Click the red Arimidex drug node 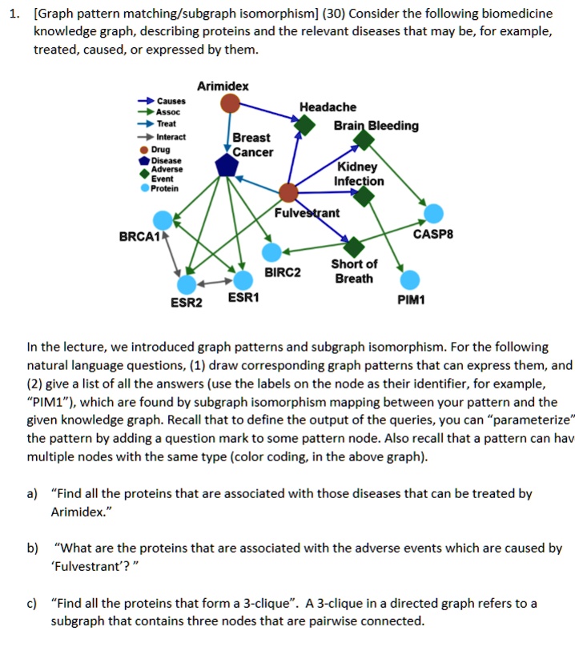pyautogui.click(x=231, y=102)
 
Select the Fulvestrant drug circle pyautogui.click(x=287, y=192)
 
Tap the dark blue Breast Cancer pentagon pyautogui.click(x=227, y=166)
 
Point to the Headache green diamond pyautogui.click(x=304, y=126)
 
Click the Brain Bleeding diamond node pyautogui.click(x=364, y=141)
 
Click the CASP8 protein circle pyautogui.click(x=433, y=213)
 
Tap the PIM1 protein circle pyautogui.click(x=410, y=279)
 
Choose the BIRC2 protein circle pyautogui.click(x=273, y=252)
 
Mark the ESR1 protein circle pyautogui.click(x=243, y=279)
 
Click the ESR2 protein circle pyautogui.click(x=187, y=283)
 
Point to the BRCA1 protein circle pyautogui.click(x=163, y=219)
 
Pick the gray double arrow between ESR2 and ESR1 pyautogui.click(x=215, y=282)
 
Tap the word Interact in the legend pyautogui.click(x=171, y=137)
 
